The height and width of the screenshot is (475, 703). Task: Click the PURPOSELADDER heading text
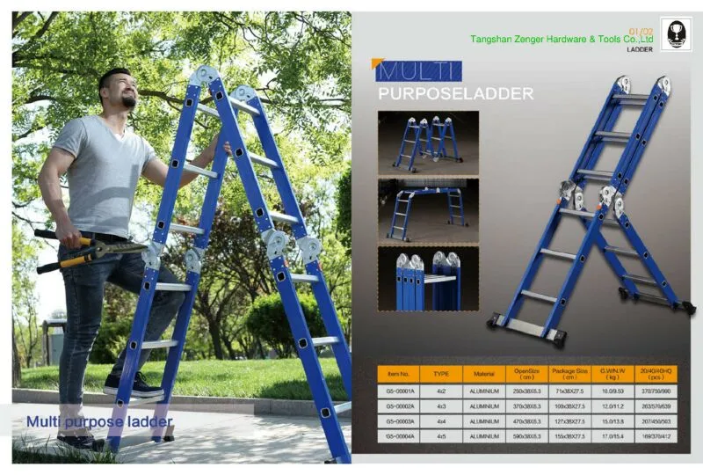[x=454, y=93]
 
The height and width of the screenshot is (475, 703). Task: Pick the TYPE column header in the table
[x=441, y=374]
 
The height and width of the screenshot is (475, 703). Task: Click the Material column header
[x=484, y=374]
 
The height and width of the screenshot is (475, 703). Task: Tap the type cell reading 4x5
[x=441, y=435]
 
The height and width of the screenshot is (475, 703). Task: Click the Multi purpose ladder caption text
[x=98, y=423]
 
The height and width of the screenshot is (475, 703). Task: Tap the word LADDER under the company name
[x=639, y=50]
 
